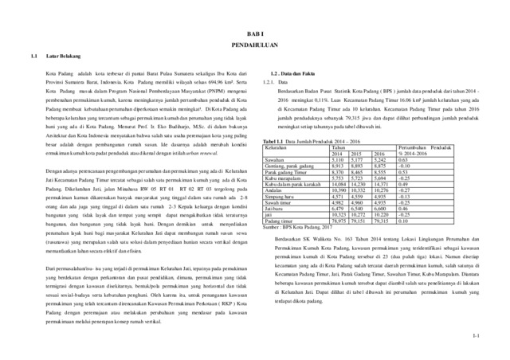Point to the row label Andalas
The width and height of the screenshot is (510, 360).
pos(273,190)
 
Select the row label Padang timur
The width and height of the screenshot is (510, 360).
pos(280,221)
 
